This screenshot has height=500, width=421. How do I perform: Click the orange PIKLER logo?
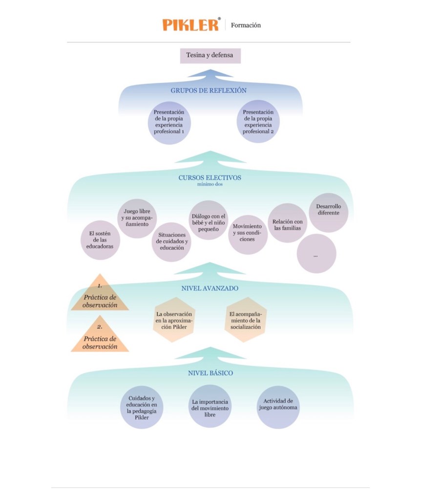(191, 25)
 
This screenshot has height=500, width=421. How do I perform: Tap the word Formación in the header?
(246, 25)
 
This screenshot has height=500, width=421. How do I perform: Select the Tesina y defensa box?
(210, 56)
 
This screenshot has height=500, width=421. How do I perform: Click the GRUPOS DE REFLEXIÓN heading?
(209, 90)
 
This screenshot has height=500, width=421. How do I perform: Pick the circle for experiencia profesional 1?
(169, 122)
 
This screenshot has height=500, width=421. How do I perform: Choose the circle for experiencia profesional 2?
(258, 122)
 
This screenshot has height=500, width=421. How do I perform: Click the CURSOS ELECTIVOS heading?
(210, 178)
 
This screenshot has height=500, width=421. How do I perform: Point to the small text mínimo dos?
(210, 184)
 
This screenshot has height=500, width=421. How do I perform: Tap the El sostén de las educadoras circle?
(100, 240)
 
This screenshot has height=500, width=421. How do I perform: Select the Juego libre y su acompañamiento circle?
(137, 218)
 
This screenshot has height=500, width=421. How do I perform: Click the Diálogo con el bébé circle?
(209, 220)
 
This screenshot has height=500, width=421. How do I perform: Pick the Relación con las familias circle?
(288, 223)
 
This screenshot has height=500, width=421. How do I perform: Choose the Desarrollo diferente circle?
(328, 212)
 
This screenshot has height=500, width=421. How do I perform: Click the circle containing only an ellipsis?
(316, 254)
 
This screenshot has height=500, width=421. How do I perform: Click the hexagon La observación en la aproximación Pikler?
(174, 320)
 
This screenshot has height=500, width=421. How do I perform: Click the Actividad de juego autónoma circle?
(277, 405)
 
